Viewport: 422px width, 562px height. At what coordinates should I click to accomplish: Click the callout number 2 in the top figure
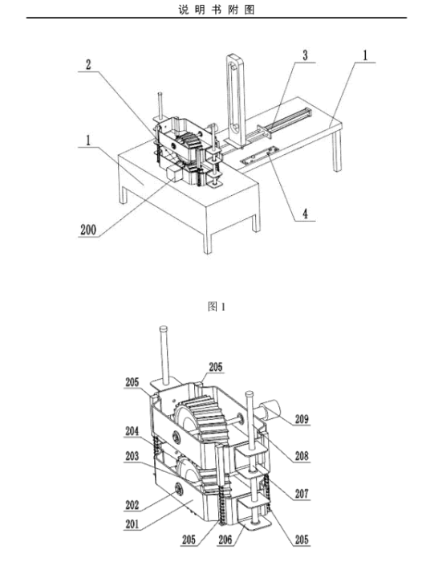[x=88, y=64]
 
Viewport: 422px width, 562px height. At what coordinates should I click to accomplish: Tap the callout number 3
[x=305, y=55]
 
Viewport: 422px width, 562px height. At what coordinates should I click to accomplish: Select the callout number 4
[x=305, y=214]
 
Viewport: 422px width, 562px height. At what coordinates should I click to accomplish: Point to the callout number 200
[x=88, y=230]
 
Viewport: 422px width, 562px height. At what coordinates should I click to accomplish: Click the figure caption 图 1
[x=217, y=307]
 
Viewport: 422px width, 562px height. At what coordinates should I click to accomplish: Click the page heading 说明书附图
[x=217, y=10]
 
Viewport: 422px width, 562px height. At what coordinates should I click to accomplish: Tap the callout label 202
[x=132, y=505]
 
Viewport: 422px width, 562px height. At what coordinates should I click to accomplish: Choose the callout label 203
[x=132, y=456]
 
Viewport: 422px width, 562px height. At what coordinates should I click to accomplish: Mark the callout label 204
[x=132, y=431]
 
